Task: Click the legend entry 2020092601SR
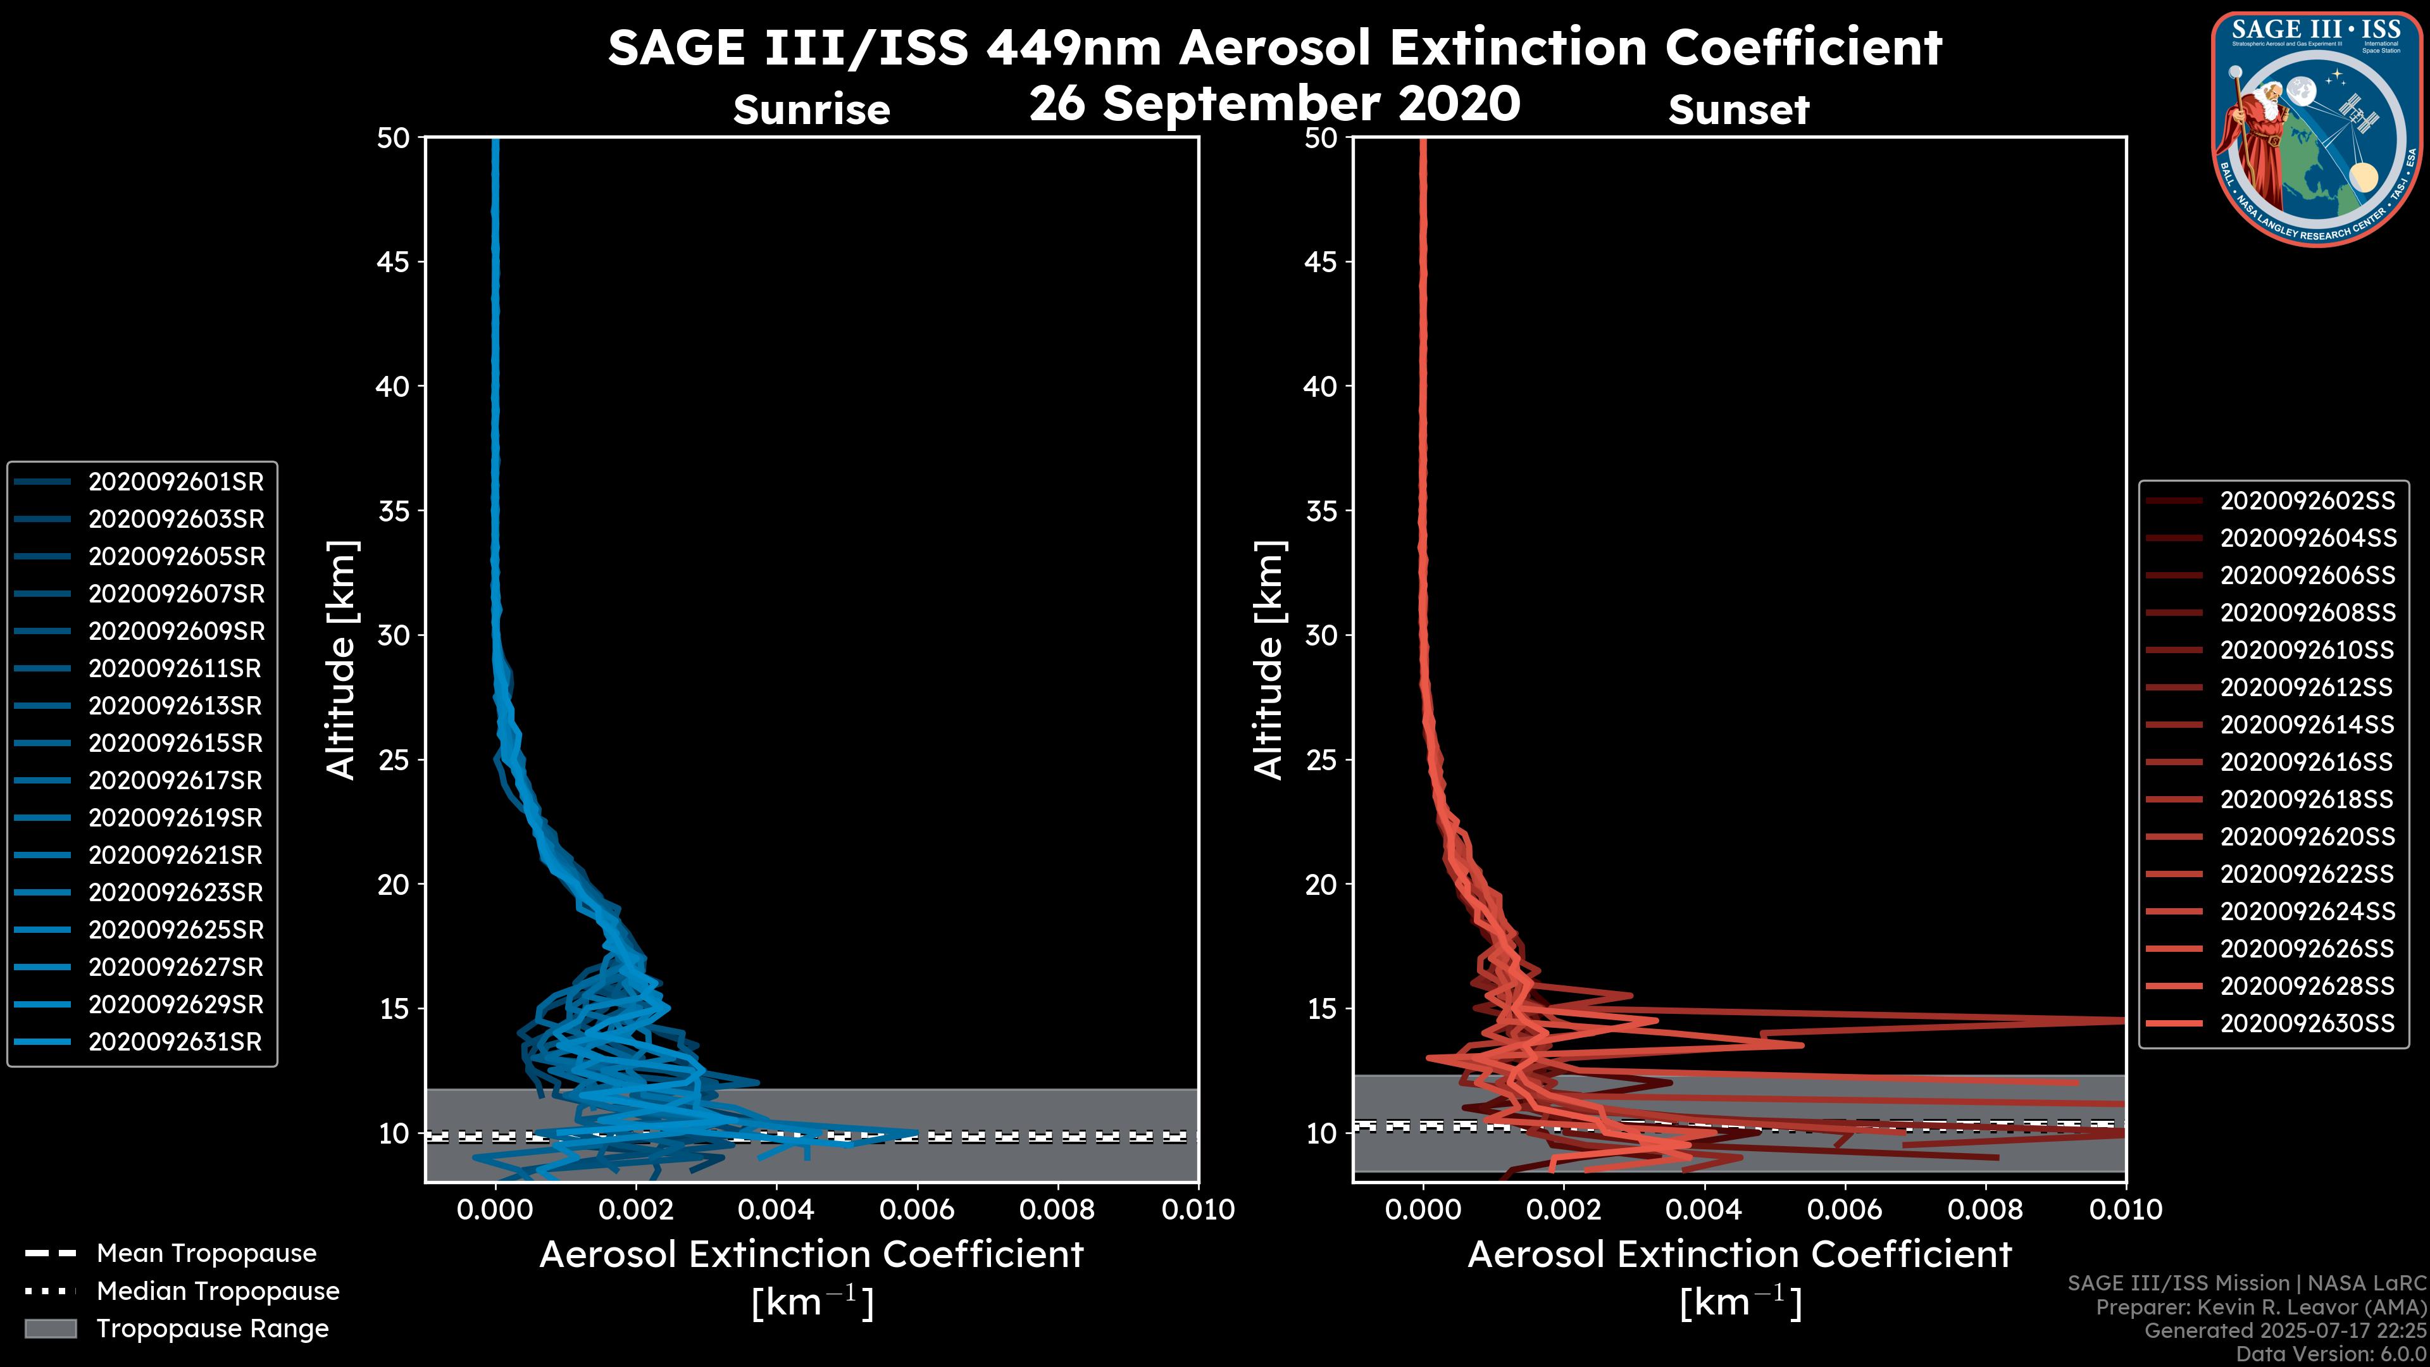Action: pos(175,482)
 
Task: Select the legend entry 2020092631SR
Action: pos(175,1042)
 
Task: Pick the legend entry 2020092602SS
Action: pos(2307,501)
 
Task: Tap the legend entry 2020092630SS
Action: pos(2307,1023)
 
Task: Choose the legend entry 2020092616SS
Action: pos(2307,762)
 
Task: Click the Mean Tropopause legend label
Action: pos(206,1254)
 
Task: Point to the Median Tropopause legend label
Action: pos(218,1292)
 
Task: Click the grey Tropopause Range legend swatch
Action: pos(51,1329)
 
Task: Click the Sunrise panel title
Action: pos(811,110)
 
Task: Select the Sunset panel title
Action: pos(1738,110)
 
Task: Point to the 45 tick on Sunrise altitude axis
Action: pos(394,262)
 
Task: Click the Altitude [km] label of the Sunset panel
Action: pos(1269,660)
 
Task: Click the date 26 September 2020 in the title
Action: pos(1274,104)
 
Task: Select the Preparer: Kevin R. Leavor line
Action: pos(2260,1308)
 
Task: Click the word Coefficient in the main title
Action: pos(1803,47)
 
